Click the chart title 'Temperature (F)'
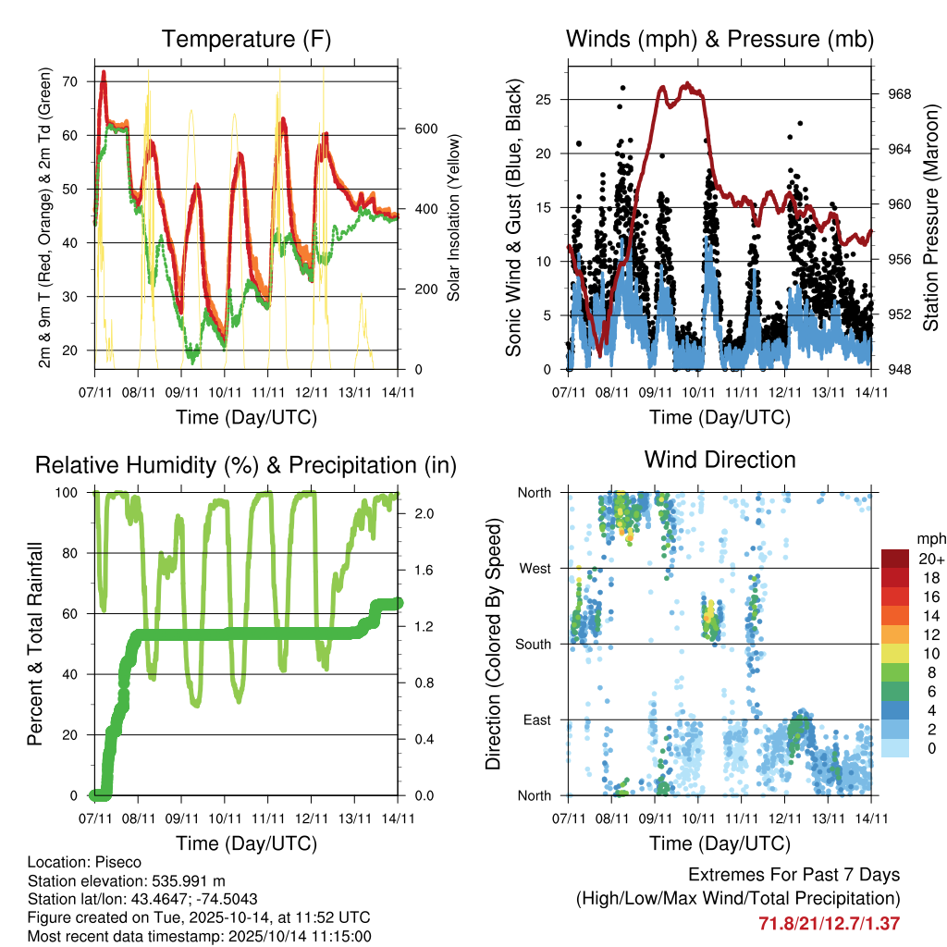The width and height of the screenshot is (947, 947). (246, 39)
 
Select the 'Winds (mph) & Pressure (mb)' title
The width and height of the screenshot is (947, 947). (719, 39)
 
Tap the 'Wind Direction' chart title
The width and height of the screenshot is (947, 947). (719, 460)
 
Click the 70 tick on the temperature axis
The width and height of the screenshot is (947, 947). (69, 81)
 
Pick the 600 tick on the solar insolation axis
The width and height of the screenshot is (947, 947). (424, 128)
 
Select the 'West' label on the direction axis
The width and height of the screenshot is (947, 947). (535, 568)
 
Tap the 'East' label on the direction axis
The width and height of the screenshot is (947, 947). (536, 719)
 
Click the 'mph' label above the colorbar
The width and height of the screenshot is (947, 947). (929, 538)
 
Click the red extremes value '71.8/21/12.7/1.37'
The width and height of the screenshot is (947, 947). (829, 923)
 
